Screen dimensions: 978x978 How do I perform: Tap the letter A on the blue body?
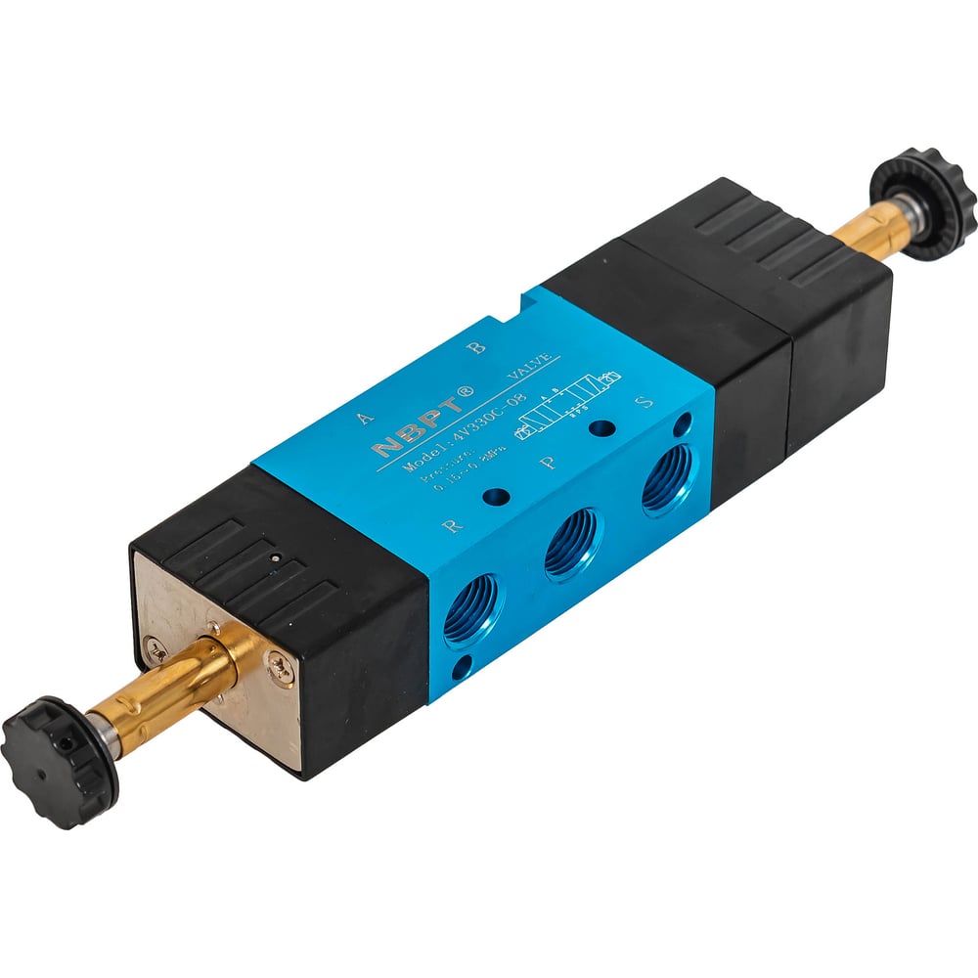[x=366, y=416]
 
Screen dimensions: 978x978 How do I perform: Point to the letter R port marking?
[x=452, y=525]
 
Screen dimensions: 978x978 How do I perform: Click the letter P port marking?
[x=551, y=460]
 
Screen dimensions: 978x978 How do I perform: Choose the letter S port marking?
[x=644, y=401]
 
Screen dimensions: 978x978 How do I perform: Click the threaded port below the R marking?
[x=471, y=609]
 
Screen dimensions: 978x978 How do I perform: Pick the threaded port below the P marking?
[x=572, y=544]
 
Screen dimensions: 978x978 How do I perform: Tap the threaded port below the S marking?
[x=667, y=478]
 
